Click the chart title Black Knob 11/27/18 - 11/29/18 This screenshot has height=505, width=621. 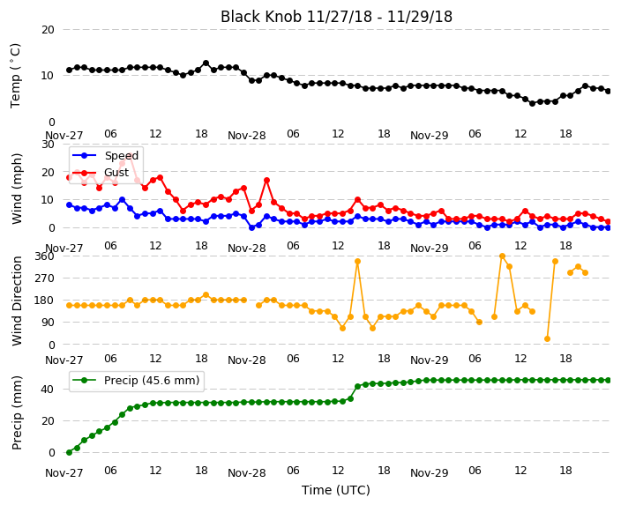(x=336, y=17)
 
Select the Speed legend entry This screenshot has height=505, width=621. (x=105, y=155)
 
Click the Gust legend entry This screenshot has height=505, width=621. (x=101, y=173)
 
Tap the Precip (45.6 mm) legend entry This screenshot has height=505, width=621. (x=136, y=381)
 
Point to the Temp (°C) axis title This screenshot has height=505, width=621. (x=16, y=76)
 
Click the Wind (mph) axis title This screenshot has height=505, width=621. (x=17, y=189)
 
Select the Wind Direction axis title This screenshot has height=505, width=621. (x=17, y=301)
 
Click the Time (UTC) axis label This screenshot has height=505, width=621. (x=336, y=490)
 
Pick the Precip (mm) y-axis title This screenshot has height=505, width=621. (x=17, y=412)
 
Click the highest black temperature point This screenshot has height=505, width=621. (x=206, y=63)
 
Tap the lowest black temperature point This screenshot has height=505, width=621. (x=532, y=103)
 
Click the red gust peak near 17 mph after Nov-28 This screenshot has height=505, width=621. (x=267, y=180)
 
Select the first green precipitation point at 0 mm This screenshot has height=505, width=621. (x=70, y=452)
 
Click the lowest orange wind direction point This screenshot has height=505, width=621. (x=547, y=338)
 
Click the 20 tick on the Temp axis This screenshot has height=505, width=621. (x=48, y=30)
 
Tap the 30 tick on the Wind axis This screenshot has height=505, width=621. (x=48, y=145)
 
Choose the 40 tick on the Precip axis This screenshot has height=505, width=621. (x=48, y=390)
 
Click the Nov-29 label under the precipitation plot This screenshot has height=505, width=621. (x=429, y=472)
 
